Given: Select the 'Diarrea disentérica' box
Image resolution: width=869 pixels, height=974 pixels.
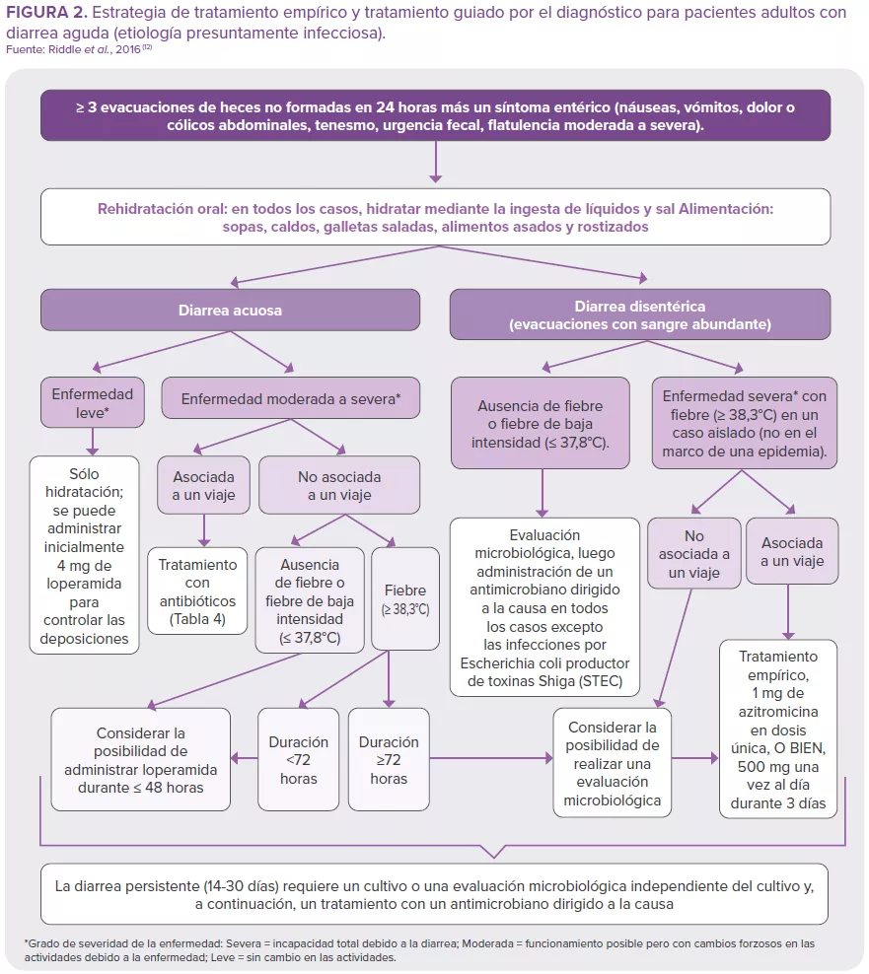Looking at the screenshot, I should (x=639, y=314).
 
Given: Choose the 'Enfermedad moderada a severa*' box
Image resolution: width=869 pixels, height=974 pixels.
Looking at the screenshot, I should (x=291, y=399).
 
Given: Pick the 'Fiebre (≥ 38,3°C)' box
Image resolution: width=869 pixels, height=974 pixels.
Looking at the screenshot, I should (x=404, y=598).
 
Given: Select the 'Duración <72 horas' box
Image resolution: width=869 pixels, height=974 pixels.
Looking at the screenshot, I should (x=298, y=759).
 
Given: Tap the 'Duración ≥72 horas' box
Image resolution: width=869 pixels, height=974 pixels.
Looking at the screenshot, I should (x=389, y=759).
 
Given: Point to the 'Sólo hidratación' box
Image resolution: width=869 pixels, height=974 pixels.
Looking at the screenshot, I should (x=85, y=556).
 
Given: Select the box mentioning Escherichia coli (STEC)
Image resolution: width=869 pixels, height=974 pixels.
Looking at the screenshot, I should (x=544, y=609).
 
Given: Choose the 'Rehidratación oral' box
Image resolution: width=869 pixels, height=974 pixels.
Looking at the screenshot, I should (x=435, y=218).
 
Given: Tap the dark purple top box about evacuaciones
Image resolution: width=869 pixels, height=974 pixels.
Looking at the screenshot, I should (x=435, y=116).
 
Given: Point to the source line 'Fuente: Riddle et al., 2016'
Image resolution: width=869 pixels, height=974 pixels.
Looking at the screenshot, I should (x=79, y=50).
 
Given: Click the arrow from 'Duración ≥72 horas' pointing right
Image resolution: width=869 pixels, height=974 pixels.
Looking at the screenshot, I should (x=493, y=759).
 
